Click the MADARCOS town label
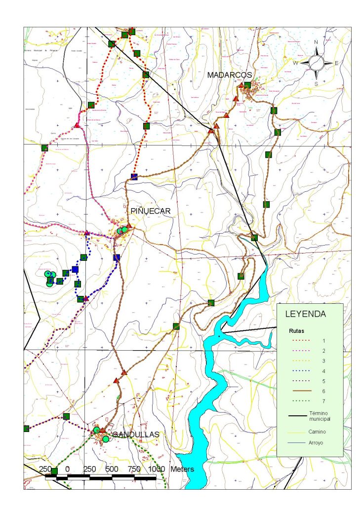coord(230,74)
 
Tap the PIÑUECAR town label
coord(151,211)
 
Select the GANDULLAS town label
coord(136,434)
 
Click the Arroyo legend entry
coord(316,443)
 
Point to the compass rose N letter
coord(316,42)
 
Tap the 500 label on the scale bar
coord(112,469)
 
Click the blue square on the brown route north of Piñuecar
coord(134,177)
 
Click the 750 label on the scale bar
coord(134,469)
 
